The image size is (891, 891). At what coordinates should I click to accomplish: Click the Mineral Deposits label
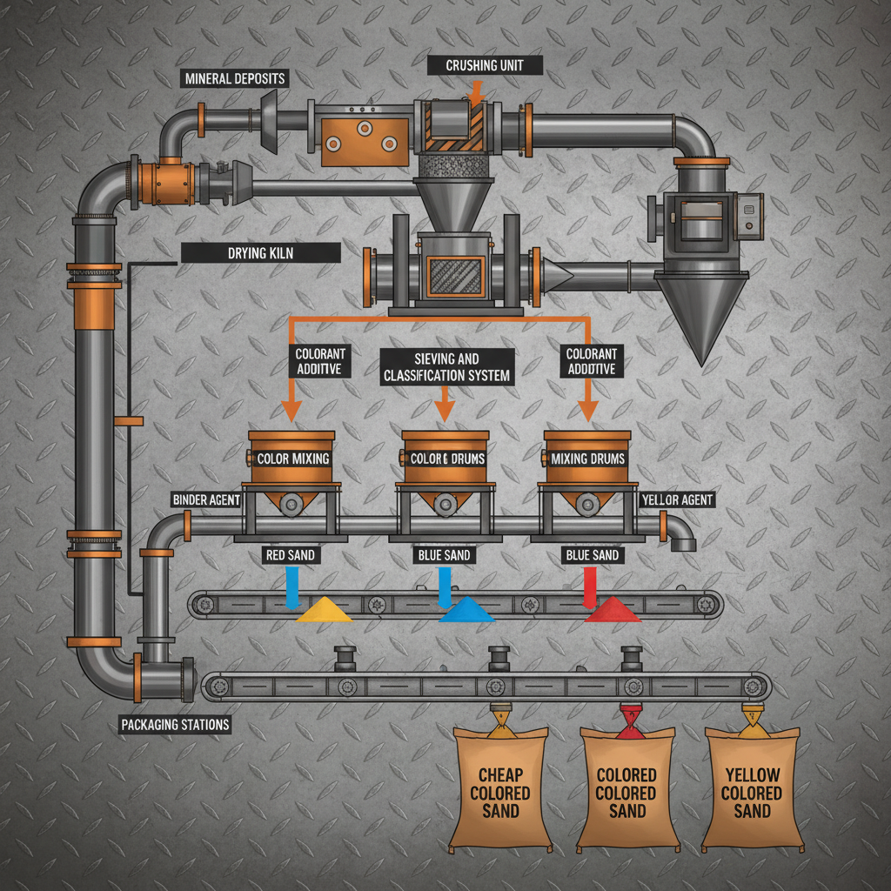[235, 79]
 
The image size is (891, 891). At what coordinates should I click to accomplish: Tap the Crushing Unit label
[486, 65]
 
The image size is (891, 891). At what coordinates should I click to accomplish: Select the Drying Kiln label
[261, 252]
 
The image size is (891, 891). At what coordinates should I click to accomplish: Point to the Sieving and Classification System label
[446, 367]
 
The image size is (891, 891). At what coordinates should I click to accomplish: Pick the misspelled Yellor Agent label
[677, 500]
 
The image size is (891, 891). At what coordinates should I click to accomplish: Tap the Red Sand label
[290, 555]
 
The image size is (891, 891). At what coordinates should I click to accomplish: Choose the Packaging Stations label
[175, 724]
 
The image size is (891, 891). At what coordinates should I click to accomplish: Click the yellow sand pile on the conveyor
[324, 611]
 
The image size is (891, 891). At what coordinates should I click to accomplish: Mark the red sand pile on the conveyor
[613, 611]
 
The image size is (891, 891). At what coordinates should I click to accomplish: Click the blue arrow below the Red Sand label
[292, 586]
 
